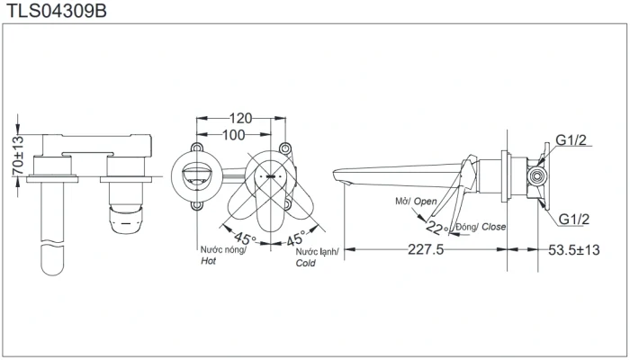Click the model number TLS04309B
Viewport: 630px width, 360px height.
coord(56,11)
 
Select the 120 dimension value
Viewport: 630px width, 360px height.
coord(240,118)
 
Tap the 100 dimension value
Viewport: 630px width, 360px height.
coord(233,135)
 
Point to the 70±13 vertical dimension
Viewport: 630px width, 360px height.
coord(18,156)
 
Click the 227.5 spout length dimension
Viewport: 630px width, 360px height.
coord(426,249)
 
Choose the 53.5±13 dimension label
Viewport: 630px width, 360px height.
coord(574,250)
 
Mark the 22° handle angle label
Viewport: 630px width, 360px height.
coord(436,229)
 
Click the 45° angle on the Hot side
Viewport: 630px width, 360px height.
coord(245,238)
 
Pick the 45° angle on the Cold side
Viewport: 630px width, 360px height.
coord(296,238)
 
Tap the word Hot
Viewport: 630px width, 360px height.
coord(208,261)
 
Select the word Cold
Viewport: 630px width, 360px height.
coord(305,263)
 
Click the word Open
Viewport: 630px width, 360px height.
coord(425,202)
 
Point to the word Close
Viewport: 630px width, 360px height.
coord(493,227)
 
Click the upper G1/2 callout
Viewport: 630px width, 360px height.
coord(571,139)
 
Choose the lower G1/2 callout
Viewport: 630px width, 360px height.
coord(574,219)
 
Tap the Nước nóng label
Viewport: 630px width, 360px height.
coord(223,250)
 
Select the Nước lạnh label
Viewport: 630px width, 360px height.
coord(317,252)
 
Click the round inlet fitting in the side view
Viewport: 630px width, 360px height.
coord(537,176)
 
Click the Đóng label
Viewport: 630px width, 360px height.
coord(466,227)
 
